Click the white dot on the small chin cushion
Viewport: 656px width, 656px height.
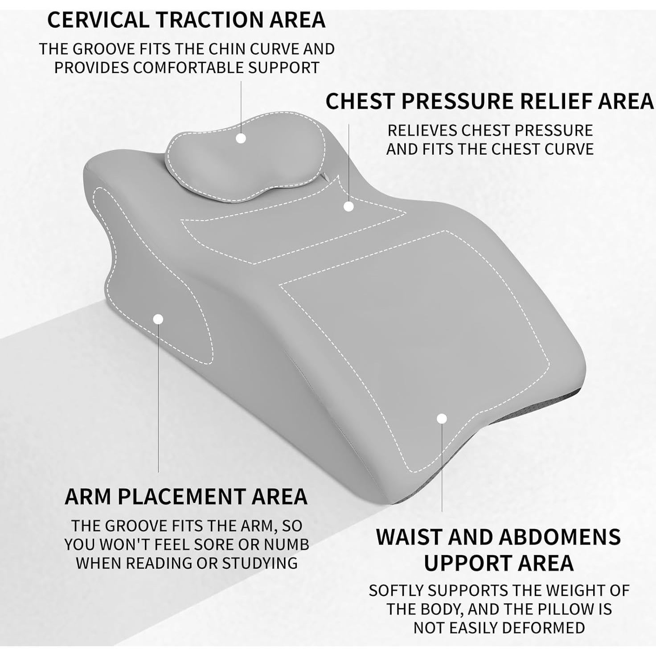[x=241, y=138]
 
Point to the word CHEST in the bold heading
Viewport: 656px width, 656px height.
[x=361, y=102]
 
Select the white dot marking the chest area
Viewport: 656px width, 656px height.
[x=349, y=206]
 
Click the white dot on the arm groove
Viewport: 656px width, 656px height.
[x=158, y=319]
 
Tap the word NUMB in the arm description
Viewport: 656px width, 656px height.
[x=287, y=545]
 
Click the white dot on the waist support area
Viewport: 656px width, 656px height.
[x=442, y=418]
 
